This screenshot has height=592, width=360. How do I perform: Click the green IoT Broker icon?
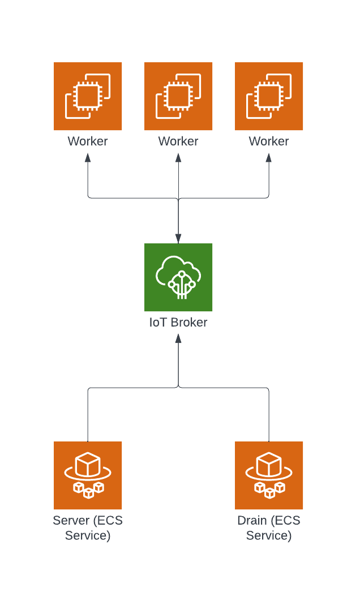[x=178, y=277]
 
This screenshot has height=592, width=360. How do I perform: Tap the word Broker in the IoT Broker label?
[x=188, y=323]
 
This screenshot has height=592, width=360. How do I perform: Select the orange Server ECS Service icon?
[x=88, y=475]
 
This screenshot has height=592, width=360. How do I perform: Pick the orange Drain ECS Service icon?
[x=269, y=475]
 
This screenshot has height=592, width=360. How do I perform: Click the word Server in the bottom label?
[x=71, y=521]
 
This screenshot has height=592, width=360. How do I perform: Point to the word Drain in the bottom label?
[x=252, y=521]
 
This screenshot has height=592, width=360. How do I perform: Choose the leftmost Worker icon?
[x=88, y=96]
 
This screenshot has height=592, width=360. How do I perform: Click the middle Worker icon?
[x=178, y=96]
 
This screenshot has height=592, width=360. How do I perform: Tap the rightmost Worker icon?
[x=269, y=96]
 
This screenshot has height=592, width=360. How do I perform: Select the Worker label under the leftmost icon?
[x=88, y=141]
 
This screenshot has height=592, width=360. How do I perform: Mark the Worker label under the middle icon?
[x=178, y=141]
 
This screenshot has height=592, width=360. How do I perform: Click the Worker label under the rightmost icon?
[x=269, y=141]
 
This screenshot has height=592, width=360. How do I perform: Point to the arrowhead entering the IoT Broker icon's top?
[x=178, y=238]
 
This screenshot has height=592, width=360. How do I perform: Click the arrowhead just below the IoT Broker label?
[x=178, y=338]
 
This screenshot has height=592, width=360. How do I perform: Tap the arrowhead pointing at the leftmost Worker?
[x=88, y=157]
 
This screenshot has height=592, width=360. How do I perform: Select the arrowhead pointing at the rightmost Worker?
[x=269, y=157]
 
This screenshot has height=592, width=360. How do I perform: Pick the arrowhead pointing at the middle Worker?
[x=178, y=157]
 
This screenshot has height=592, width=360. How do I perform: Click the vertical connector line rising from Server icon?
[x=88, y=416]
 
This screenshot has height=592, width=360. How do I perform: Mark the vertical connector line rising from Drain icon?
[x=269, y=416]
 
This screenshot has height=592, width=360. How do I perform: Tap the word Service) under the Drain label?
[x=269, y=535]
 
